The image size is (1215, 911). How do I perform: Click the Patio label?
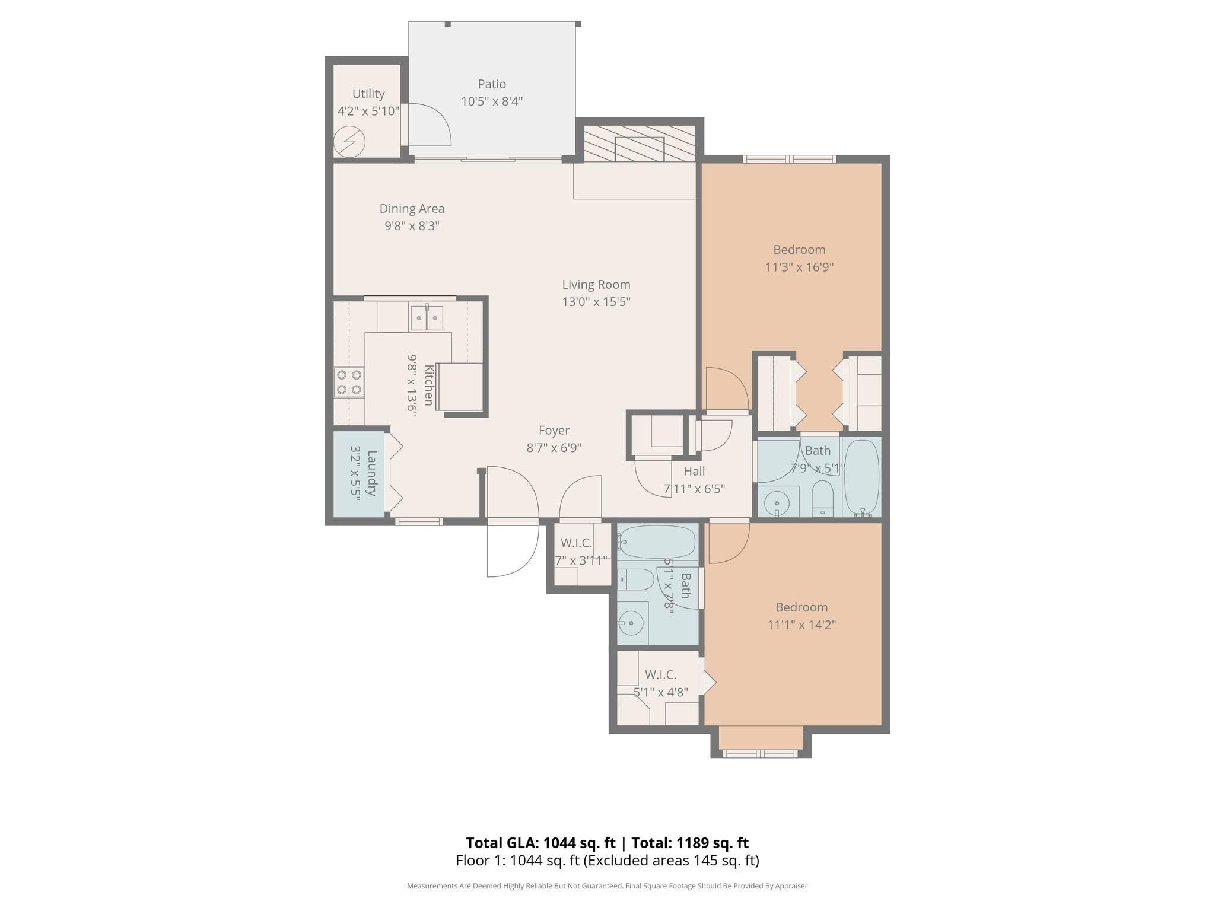click(492, 84)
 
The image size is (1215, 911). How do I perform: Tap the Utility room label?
click(368, 94)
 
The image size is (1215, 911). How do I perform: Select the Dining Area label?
click(412, 209)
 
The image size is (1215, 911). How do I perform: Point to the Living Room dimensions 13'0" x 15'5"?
click(596, 302)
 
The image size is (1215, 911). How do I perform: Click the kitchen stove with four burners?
click(349, 382)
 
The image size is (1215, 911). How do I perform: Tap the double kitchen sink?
click(427, 318)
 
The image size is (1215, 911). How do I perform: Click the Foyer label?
click(554, 431)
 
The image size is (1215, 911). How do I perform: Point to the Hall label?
click(694, 472)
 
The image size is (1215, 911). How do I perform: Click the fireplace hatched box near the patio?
click(640, 143)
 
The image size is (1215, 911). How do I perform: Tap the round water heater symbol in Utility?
click(349, 142)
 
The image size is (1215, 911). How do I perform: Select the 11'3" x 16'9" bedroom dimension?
click(799, 267)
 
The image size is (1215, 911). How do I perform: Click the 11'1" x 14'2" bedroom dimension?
click(801, 625)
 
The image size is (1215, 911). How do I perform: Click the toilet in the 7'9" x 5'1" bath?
click(822, 498)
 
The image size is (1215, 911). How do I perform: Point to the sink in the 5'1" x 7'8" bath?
click(630, 623)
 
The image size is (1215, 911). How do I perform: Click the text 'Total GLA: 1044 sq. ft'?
click(540, 843)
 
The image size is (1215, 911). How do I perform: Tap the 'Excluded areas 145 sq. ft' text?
click(671, 861)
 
